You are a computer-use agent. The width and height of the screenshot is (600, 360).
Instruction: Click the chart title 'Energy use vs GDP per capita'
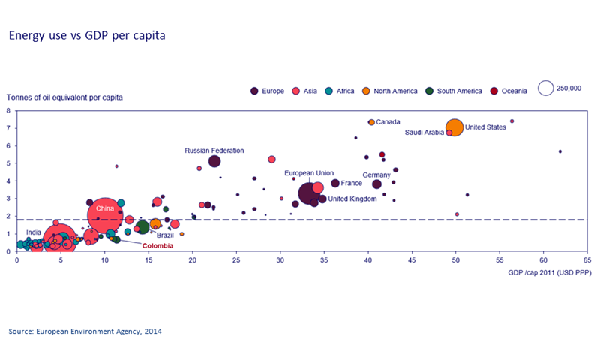point(86,35)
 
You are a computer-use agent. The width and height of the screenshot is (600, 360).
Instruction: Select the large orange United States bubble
point(454,127)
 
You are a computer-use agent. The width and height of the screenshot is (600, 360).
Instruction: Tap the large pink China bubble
point(106,214)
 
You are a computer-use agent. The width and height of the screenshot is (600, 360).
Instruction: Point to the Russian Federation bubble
point(214,161)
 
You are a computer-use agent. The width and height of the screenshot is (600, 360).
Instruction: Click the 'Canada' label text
point(388,121)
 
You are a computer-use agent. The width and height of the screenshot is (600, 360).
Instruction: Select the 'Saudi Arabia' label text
point(424,133)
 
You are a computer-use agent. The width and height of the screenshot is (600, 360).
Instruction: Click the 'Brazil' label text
point(165,235)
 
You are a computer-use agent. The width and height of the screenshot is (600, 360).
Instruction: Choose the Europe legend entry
point(268,91)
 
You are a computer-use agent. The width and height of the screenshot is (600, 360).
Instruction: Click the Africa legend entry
point(340,91)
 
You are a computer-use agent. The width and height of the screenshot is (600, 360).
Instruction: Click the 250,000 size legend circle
point(546,88)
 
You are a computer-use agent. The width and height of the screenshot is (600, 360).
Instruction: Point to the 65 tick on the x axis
point(586,260)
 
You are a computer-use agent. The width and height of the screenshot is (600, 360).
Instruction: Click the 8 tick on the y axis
point(8,111)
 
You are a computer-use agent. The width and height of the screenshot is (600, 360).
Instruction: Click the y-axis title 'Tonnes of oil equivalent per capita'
point(64,97)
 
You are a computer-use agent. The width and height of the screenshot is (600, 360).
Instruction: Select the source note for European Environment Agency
point(85,330)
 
